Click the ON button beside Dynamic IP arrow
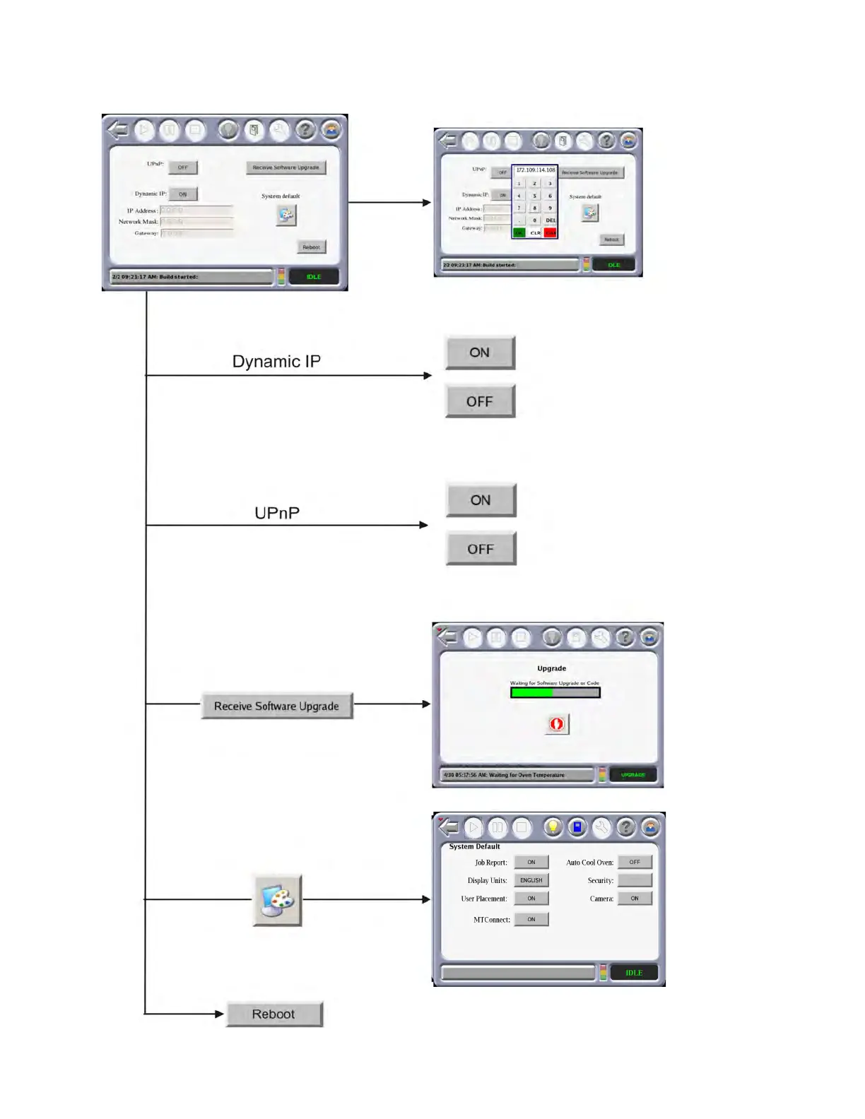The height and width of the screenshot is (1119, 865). pyautogui.click(x=480, y=353)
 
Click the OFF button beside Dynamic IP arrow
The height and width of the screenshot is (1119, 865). pyautogui.click(x=480, y=401)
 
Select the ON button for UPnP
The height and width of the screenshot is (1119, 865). pyautogui.click(x=481, y=500)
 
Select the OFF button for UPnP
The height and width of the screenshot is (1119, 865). pyautogui.click(x=481, y=549)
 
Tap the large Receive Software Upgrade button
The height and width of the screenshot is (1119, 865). pyautogui.click(x=276, y=706)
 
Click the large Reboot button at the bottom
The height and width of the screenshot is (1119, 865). pyautogui.click(x=273, y=1014)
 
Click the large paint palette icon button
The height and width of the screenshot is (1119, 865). pyautogui.click(x=277, y=899)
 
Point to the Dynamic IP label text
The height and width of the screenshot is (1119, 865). pyautogui.click(x=276, y=362)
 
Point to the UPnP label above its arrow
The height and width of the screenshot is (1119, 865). pyautogui.click(x=277, y=513)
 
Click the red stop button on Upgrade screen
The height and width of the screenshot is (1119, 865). pyautogui.click(x=557, y=724)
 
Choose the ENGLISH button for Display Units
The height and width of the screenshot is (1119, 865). pyautogui.click(x=531, y=880)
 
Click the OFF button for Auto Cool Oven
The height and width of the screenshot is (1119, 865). pyautogui.click(x=635, y=862)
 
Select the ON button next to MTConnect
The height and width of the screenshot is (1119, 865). pyautogui.click(x=531, y=919)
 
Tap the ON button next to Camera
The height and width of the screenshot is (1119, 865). pyautogui.click(x=635, y=899)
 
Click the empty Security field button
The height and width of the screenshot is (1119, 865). pyautogui.click(x=635, y=880)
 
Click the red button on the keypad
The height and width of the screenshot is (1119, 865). pyautogui.click(x=550, y=232)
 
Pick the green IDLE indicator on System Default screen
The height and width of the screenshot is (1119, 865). pyautogui.click(x=634, y=973)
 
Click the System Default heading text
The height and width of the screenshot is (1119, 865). pyautogui.click(x=474, y=846)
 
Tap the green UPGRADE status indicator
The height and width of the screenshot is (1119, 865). pyautogui.click(x=632, y=775)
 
